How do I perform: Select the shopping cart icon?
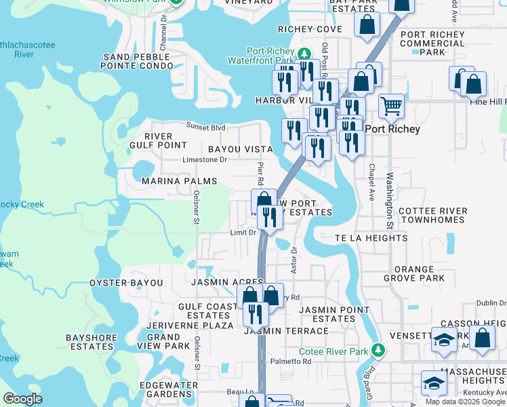[391, 105]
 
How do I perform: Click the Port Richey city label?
[392, 129]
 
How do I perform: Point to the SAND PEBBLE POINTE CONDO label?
[136, 61]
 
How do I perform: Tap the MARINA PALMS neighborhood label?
[180, 181]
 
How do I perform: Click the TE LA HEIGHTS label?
[371, 238]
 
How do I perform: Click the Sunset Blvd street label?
[206, 126]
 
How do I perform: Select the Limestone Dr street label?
[205, 160]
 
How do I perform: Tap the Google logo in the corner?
[23, 398]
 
